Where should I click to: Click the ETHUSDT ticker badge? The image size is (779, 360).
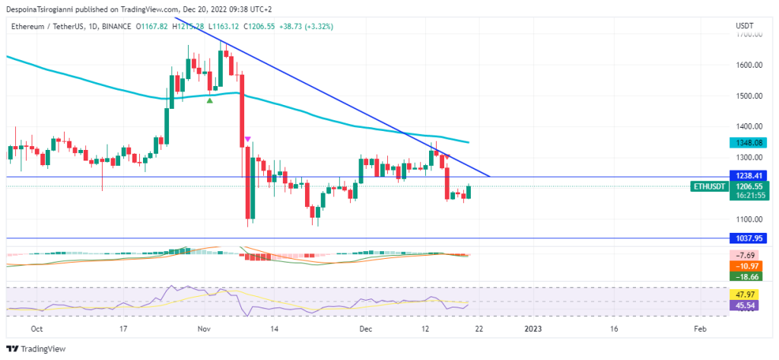coord(709,186)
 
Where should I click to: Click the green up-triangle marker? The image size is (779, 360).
coord(209,100)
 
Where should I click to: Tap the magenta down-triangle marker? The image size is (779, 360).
coord(247,139)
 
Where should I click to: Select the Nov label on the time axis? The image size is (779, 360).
coord(204,330)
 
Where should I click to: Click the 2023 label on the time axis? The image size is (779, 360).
coord(533,330)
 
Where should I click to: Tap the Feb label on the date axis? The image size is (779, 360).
coord(701,330)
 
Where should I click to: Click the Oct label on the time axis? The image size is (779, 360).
coord(35,330)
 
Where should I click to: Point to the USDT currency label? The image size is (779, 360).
coord(744,26)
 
